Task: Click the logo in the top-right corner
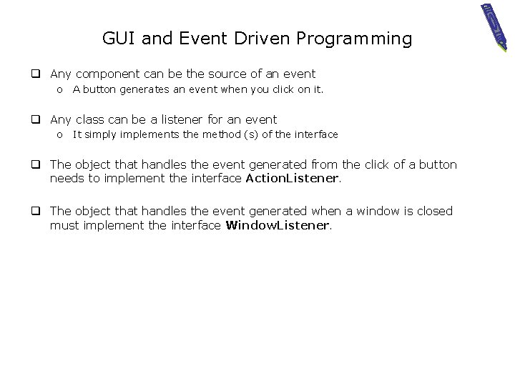coord(494,25)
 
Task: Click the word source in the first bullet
coord(241,74)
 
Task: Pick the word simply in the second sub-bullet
coord(100,134)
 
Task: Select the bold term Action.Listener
coord(292,179)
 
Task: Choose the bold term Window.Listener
coord(278,225)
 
